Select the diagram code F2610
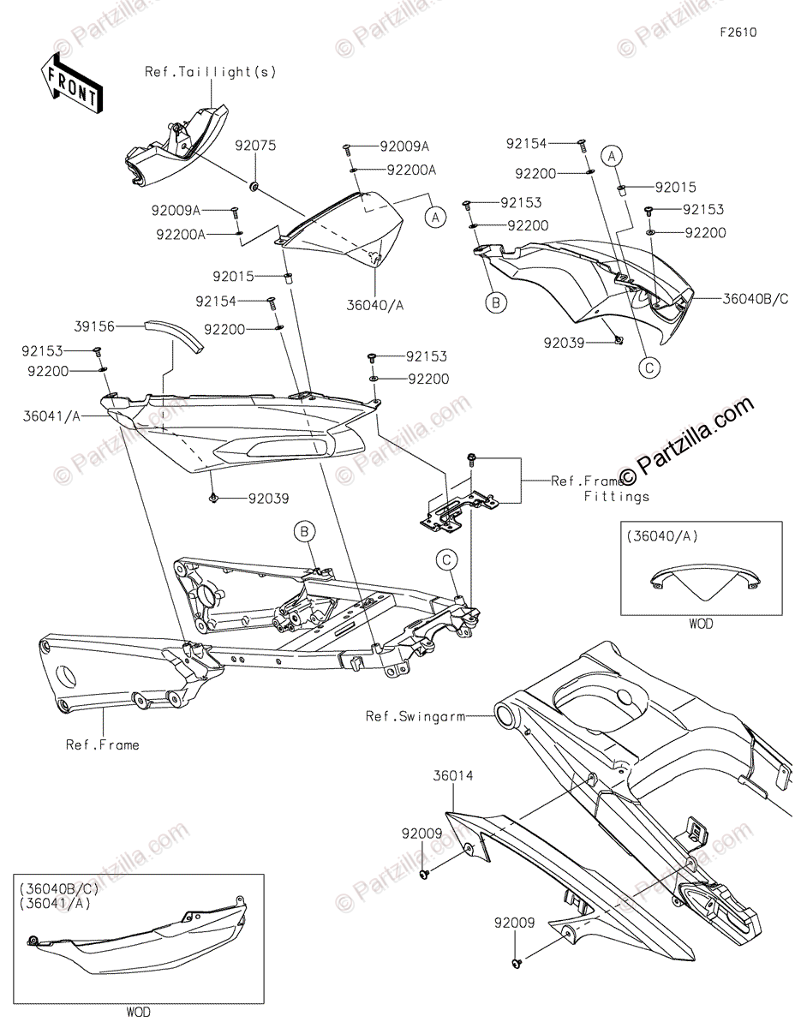tap(738, 33)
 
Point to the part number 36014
tap(454, 776)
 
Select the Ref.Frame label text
tap(102, 744)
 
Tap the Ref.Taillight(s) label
tap(210, 72)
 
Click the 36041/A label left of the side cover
tap(52, 416)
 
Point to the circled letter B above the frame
tap(303, 531)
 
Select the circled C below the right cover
tap(649, 368)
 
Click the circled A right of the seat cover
tap(434, 218)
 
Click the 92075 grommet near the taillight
tap(254, 185)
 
